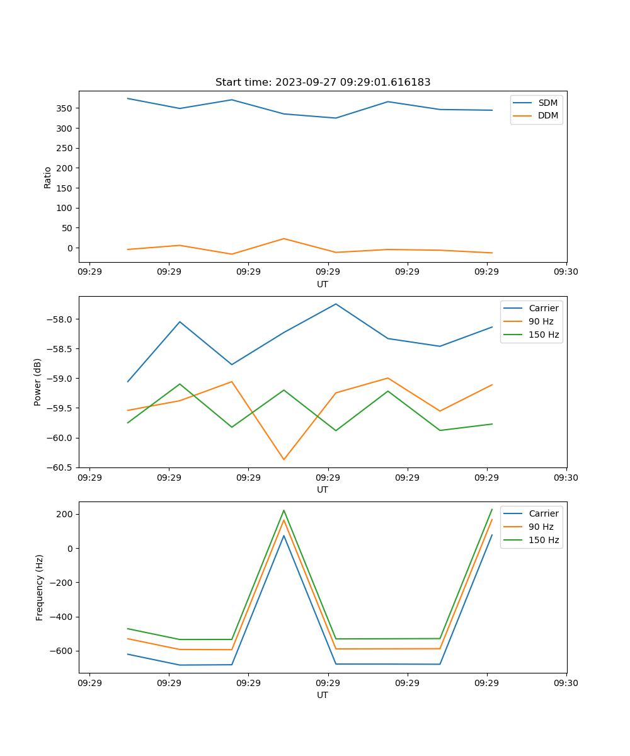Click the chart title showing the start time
click(x=323, y=83)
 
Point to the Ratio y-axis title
click(x=48, y=177)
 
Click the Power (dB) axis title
click(x=38, y=382)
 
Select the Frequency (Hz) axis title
click(x=40, y=587)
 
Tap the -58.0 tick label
click(x=61, y=319)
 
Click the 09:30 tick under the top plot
click(x=566, y=272)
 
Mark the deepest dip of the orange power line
click(x=283, y=459)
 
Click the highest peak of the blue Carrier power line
click(x=336, y=304)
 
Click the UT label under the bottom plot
click(x=323, y=695)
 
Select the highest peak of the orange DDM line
click(x=283, y=239)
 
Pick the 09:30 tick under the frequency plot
click(x=566, y=683)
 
